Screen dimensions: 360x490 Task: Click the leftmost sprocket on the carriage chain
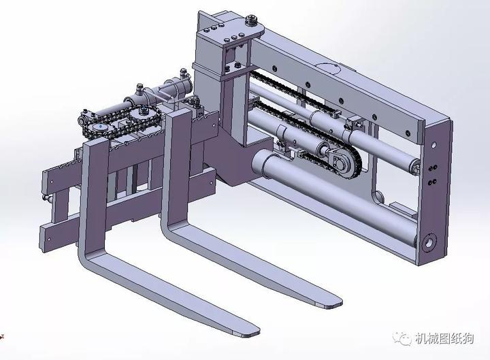point(99,129)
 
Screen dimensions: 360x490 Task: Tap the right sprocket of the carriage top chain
point(142,120)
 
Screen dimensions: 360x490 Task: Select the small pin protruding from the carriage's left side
point(45,198)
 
